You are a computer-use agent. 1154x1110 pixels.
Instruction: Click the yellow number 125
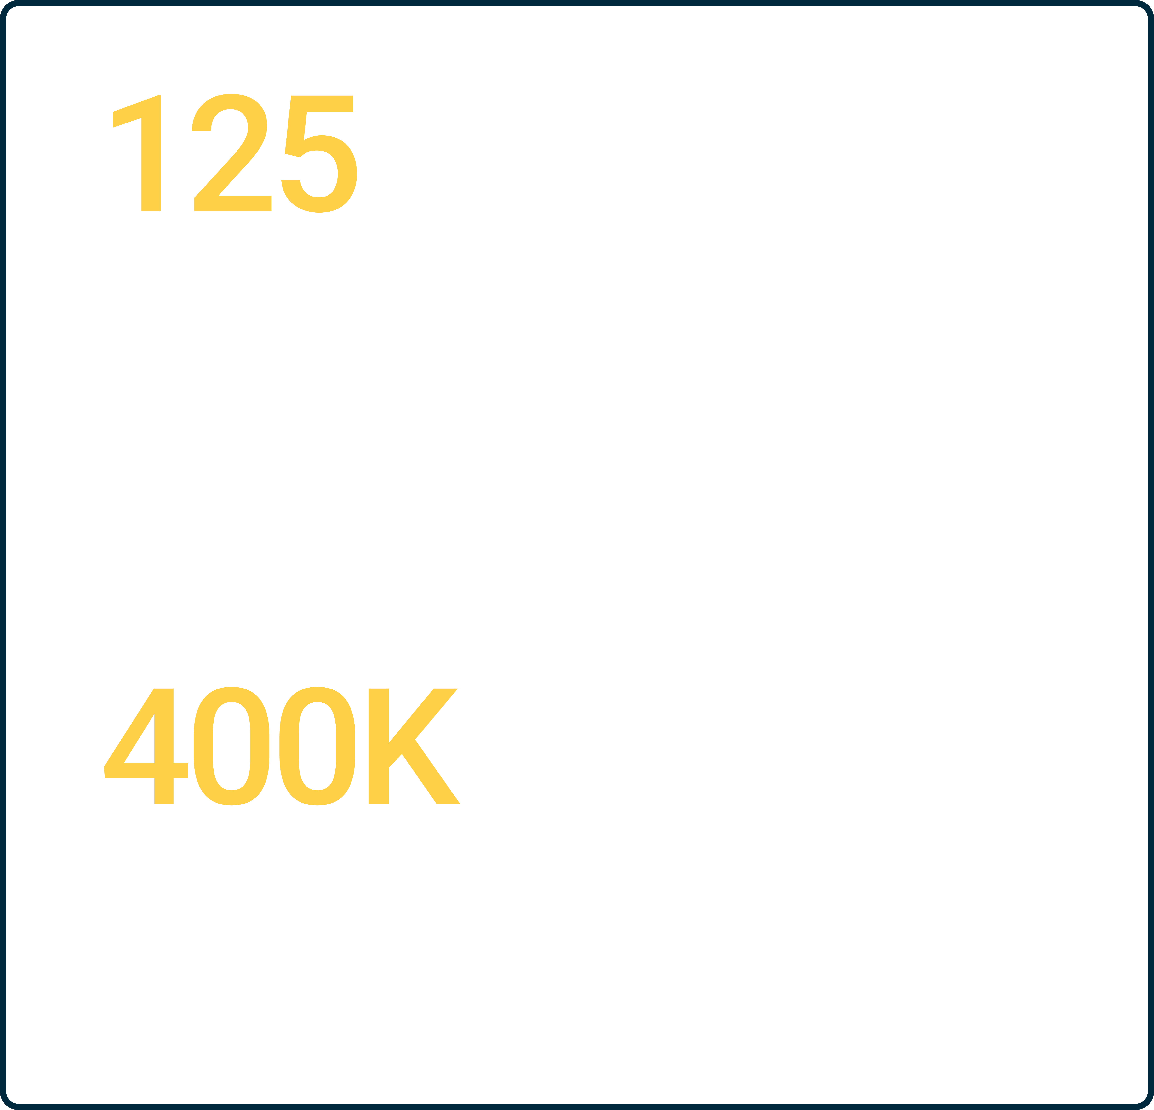(234, 153)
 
